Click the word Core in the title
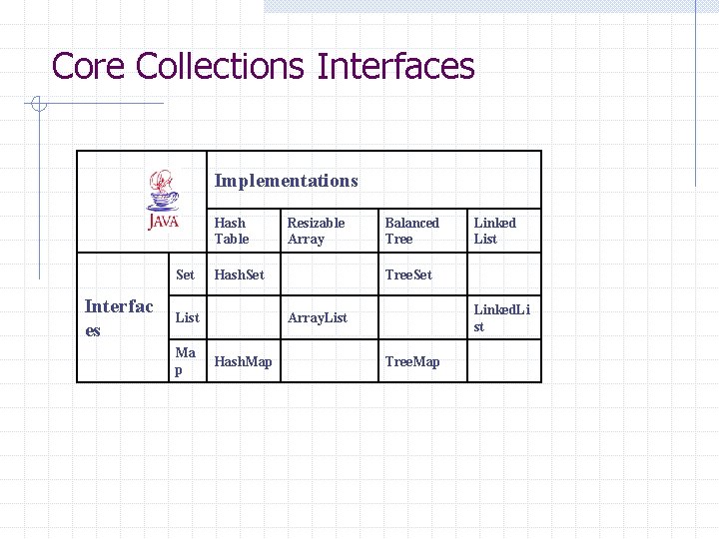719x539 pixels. pos(89,67)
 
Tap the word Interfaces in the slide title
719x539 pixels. pos(395,67)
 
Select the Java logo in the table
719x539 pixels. pos(163,200)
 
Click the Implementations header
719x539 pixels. pos(286,181)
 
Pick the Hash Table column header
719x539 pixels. pos(231,231)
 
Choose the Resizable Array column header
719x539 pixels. pos(316,231)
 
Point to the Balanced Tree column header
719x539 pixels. pos(411,231)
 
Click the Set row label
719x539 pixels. pos(186,274)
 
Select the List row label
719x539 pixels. pos(187,317)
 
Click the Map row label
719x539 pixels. pos(185,361)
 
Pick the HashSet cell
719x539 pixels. pos(240,274)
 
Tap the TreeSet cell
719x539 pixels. pos(408,274)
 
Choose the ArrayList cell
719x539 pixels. pos(318,317)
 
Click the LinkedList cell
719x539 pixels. pos(501,317)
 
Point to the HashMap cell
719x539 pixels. pos(243,361)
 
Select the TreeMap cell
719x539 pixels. pos(411,361)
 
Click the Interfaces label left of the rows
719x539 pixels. pos(119,317)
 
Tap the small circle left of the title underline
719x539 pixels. pos(37,103)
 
